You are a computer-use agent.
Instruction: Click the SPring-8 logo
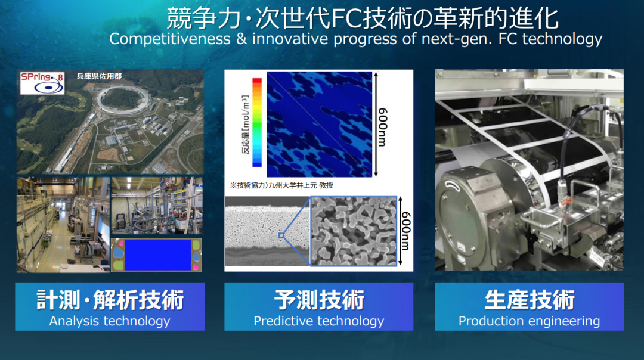pyautogui.click(x=42, y=82)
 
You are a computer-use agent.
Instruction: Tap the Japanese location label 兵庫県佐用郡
pyautogui.click(x=99, y=76)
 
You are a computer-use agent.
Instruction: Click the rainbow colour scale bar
pyautogui.click(x=256, y=122)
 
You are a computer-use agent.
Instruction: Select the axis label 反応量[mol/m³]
pyautogui.click(x=245, y=125)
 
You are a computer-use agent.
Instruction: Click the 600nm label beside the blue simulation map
pyautogui.click(x=382, y=127)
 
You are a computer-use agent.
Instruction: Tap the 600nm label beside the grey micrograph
pyautogui.click(x=406, y=231)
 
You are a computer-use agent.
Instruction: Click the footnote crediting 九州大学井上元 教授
pyautogui.click(x=281, y=185)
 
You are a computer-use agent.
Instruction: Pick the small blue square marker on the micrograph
pyautogui.click(x=281, y=235)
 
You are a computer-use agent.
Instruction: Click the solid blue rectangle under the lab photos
pyautogui.click(x=157, y=255)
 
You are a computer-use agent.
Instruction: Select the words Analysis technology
pyautogui.click(x=110, y=321)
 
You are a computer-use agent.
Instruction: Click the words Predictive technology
pyautogui.click(x=318, y=321)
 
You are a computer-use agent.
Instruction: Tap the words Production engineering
pyautogui.click(x=529, y=321)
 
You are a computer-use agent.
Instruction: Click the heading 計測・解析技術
pyautogui.click(x=110, y=300)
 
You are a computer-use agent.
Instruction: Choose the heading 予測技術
pyautogui.click(x=318, y=300)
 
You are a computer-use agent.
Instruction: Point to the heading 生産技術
pyautogui.click(x=530, y=300)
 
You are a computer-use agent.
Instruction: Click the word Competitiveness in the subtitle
pyautogui.click(x=170, y=39)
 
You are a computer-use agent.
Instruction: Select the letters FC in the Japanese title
pyautogui.click(x=345, y=18)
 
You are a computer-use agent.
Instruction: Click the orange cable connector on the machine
pyautogui.click(x=567, y=201)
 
